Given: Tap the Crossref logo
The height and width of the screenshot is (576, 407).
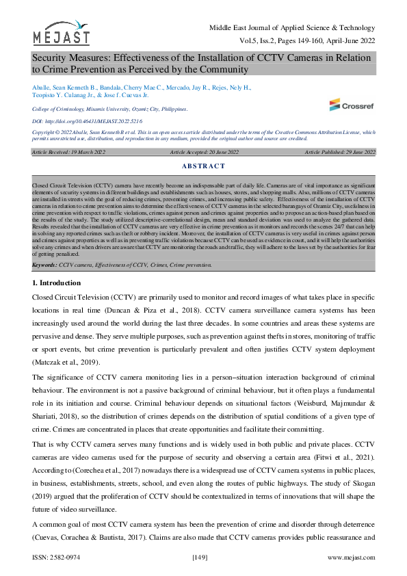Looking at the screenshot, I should click(x=352, y=105).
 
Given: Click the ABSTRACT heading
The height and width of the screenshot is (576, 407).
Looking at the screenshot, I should click(x=203, y=166).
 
